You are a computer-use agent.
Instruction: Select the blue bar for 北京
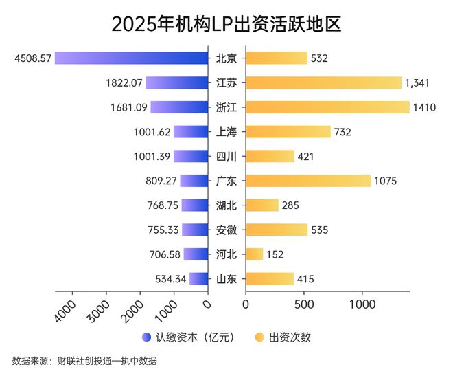tap(131, 58)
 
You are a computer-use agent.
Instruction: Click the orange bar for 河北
tap(254, 254)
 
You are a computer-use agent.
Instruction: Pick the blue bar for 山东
tap(198, 279)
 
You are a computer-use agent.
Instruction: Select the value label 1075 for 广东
tap(386, 181)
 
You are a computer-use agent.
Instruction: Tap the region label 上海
tap(226, 132)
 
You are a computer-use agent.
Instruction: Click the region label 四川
tap(226, 156)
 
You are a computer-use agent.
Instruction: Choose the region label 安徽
tap(226, 230)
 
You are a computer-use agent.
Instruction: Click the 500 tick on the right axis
tap(303, 304)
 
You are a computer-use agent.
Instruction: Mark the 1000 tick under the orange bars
tap(361, 304)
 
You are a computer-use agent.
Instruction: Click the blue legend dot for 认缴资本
tap(146, 337)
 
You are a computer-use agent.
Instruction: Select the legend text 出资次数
tap(290, 337)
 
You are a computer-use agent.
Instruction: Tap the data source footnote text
tap(89, 361)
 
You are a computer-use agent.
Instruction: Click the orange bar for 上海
tap(288, 132)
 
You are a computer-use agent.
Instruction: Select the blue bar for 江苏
tap(176, 82)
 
